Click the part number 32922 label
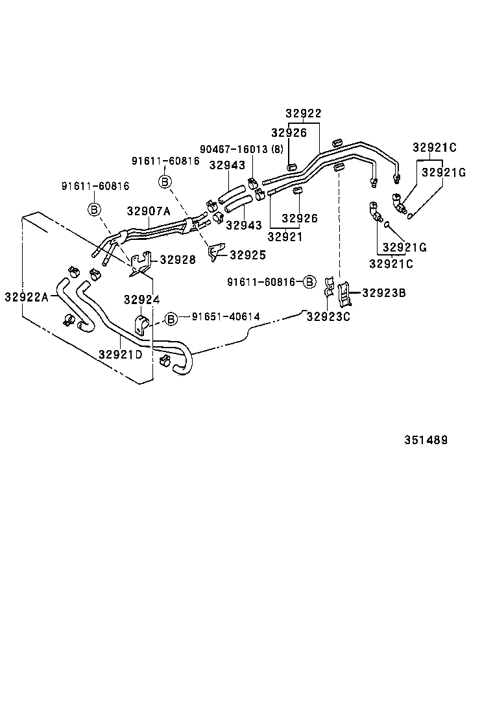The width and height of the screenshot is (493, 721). coord(304,113)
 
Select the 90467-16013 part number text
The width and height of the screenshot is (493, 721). coord(233,149)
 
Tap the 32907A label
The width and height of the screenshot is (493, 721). coord(148,211)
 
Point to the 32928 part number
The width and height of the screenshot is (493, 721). coord(177,259)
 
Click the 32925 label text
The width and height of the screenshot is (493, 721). coord(248,255)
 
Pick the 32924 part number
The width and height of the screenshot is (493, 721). coord(141,300)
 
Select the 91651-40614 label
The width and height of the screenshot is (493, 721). coord(225,316)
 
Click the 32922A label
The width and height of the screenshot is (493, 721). coord(27,296)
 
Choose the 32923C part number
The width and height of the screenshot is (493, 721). coord(328,316)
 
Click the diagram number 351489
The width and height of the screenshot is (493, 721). coord(426,440)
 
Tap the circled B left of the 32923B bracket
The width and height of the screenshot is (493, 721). coord(309,282)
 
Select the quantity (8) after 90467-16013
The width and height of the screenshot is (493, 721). coord(278,149)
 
